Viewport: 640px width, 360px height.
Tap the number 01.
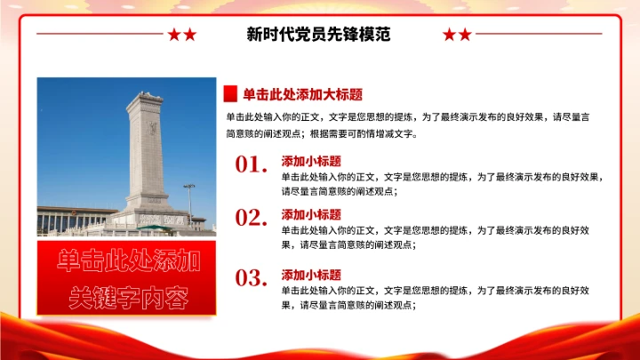(252, 164)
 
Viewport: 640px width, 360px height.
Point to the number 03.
(252, 277)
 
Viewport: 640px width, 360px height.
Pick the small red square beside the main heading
(229, 95)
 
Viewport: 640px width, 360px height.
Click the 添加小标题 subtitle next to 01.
(311, 162)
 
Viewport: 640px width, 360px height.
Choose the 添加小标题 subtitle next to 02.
(311, 214)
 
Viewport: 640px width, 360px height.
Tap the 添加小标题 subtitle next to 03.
(311, 275)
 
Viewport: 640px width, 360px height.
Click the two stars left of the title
(182, 35)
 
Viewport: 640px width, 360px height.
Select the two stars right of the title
(457, 35)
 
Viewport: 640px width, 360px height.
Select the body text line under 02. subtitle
(436, 229)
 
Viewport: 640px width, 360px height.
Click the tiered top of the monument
(148, 99)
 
